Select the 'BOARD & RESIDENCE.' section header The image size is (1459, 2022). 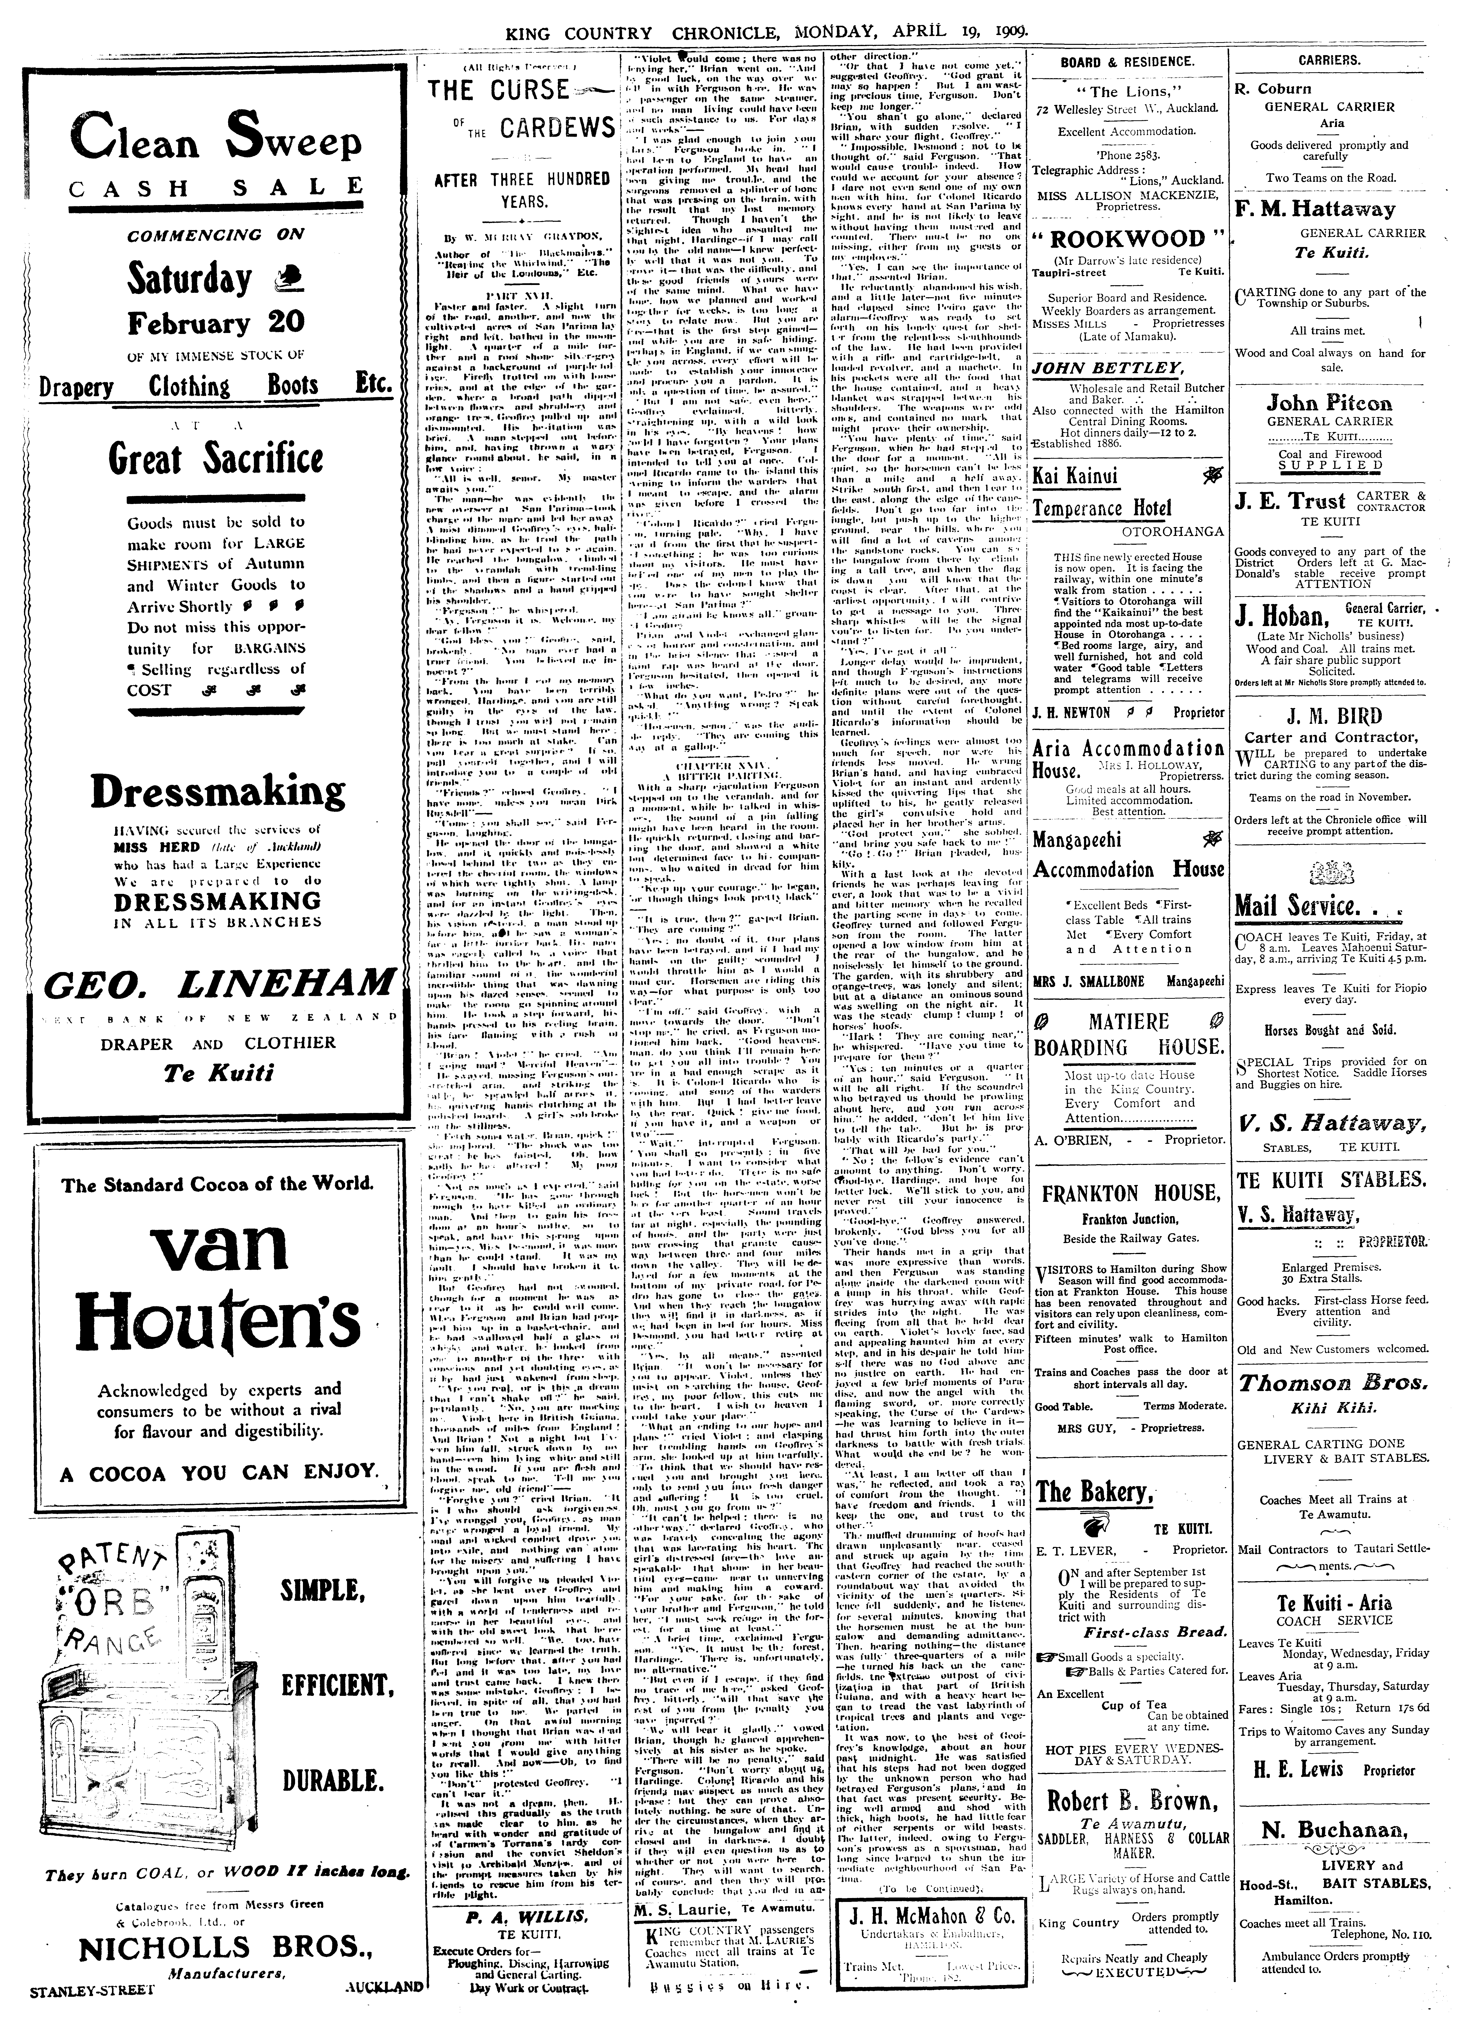(1127, 62)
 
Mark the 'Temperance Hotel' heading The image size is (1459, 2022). (1102, 508)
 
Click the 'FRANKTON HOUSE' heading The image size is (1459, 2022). (1131, 1194)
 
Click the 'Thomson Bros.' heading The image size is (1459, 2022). (1332, 1384)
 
